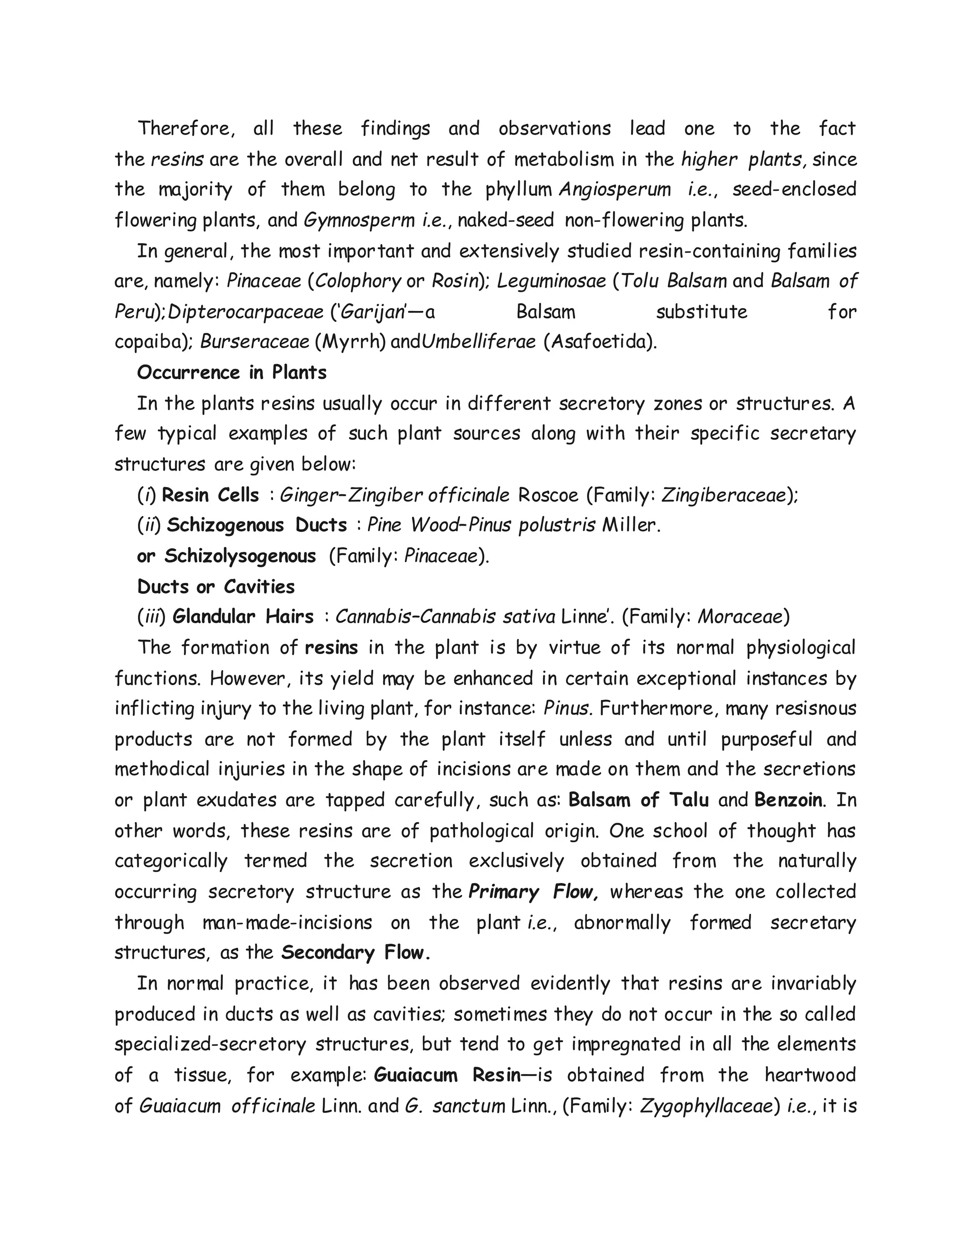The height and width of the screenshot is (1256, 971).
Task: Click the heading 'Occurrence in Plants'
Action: point(231,373)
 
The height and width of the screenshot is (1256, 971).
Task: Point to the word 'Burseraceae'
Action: point(254,342)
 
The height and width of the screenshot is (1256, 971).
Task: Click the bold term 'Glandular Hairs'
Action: point(243,617)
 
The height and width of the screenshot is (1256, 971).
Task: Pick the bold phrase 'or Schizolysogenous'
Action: point(226,556)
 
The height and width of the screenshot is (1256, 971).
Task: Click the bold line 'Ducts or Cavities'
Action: point(216,587)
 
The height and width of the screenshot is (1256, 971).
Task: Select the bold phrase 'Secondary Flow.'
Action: point(356,953)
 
